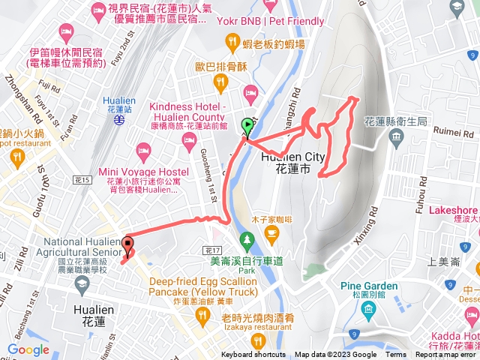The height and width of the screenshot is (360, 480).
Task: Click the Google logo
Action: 28,349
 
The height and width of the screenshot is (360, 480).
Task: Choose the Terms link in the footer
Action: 396,355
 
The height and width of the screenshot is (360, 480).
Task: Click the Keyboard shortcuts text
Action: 253,355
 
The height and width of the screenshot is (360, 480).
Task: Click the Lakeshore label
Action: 453,211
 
